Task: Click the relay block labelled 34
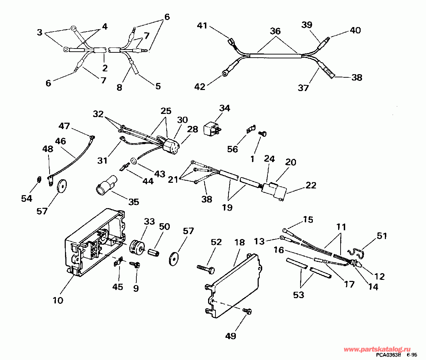tap(212, 128)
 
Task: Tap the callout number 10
tap(58, 300)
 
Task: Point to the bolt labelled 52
tap(207, 270)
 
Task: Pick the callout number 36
tap(275, 31)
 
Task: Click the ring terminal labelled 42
tap(225, 73)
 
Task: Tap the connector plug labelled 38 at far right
tap(328, 73)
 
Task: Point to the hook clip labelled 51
tap(357, 251)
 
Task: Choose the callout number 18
tap(239, 243)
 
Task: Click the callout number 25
tap(166, 111)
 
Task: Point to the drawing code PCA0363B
tap(388, 355)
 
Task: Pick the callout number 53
tap(298, 295)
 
